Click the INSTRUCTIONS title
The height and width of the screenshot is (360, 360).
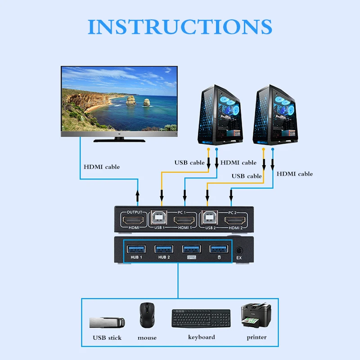pyautogui.click(x=180, y=27)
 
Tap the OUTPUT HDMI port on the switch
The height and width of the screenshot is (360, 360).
pyautogui.click(x=135, y=221)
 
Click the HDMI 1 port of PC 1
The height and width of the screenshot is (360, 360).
pyautogui.click(x=184, y=221)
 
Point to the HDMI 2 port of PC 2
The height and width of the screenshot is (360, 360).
pyautogui.click(x=234, y=221)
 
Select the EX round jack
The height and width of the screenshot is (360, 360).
pyautogui.click(x=238, y=249)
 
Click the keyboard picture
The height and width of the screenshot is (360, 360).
pyautogui.click(x=201, y=319)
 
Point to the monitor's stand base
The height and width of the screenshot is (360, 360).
pyautogui.click(x=119, y=139)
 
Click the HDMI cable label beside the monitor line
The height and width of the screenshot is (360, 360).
pyautogui.click(x=102, y=167)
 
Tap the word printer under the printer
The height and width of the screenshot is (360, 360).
pyautogui.click(x=256, y=337)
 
